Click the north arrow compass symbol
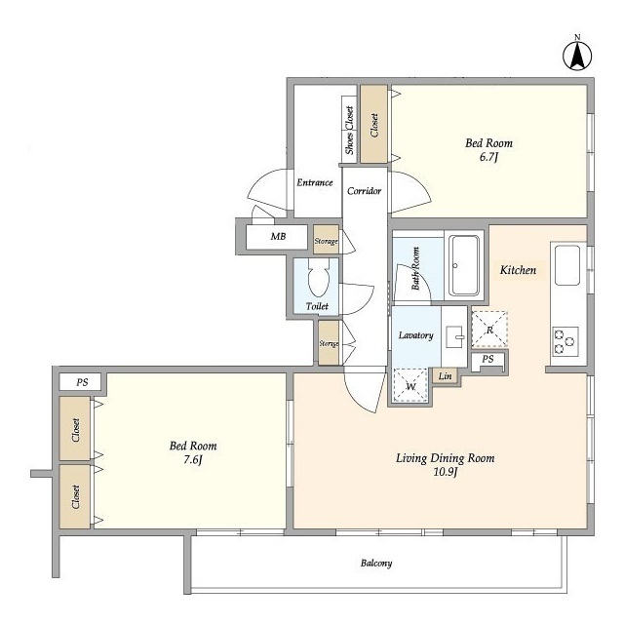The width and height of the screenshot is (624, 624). coord(577,55)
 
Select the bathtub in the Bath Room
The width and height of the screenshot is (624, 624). coord(464,265)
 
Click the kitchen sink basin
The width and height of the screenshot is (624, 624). coord(567,265)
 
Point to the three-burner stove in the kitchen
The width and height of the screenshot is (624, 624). coord(565,341)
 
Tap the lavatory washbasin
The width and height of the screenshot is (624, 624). coord(455,336)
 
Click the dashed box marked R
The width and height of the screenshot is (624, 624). coord(489,330)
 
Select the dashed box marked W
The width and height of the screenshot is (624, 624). coord(410,386)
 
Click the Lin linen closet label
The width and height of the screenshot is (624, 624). coord(445,375)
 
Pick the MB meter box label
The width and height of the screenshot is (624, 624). coord(278,236)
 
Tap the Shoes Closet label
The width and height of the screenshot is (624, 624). coord(349,130)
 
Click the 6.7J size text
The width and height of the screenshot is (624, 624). coord(488,157)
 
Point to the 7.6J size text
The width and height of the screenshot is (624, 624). coord(193,460)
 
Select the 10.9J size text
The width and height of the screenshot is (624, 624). coord(445,472)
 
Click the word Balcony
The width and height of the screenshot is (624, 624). coord(376,564)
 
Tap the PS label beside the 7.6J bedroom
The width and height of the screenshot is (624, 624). coord(82,382)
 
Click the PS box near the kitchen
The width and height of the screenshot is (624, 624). coord(487,361)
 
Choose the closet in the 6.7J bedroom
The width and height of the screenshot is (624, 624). coord(374,124)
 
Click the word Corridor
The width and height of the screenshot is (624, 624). coord(364,191)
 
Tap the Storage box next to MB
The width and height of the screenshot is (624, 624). coord(326,240)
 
